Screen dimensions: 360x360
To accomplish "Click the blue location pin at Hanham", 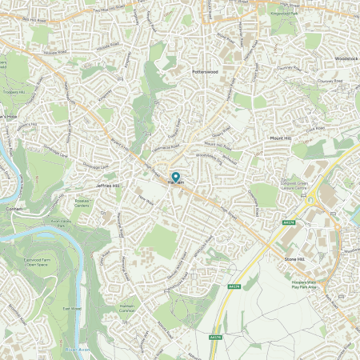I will point(176,178).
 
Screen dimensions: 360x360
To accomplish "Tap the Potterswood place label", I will point(205,71).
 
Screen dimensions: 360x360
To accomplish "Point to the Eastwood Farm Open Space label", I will point(59,259).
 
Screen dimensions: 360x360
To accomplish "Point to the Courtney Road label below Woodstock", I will point(329,80).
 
